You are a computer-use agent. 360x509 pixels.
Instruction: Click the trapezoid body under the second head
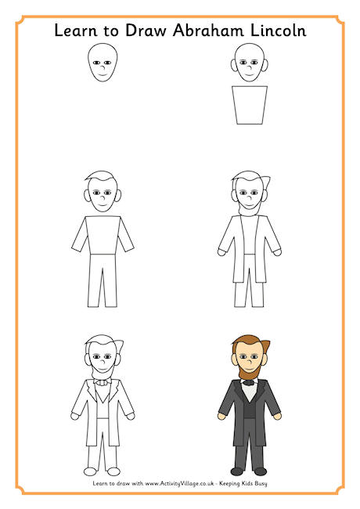coord(250,105)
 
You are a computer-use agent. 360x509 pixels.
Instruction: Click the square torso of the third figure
coord(102,233)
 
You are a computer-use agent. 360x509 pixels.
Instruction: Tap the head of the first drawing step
coord(102,63)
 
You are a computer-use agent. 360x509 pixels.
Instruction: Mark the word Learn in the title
coord(74,31)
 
